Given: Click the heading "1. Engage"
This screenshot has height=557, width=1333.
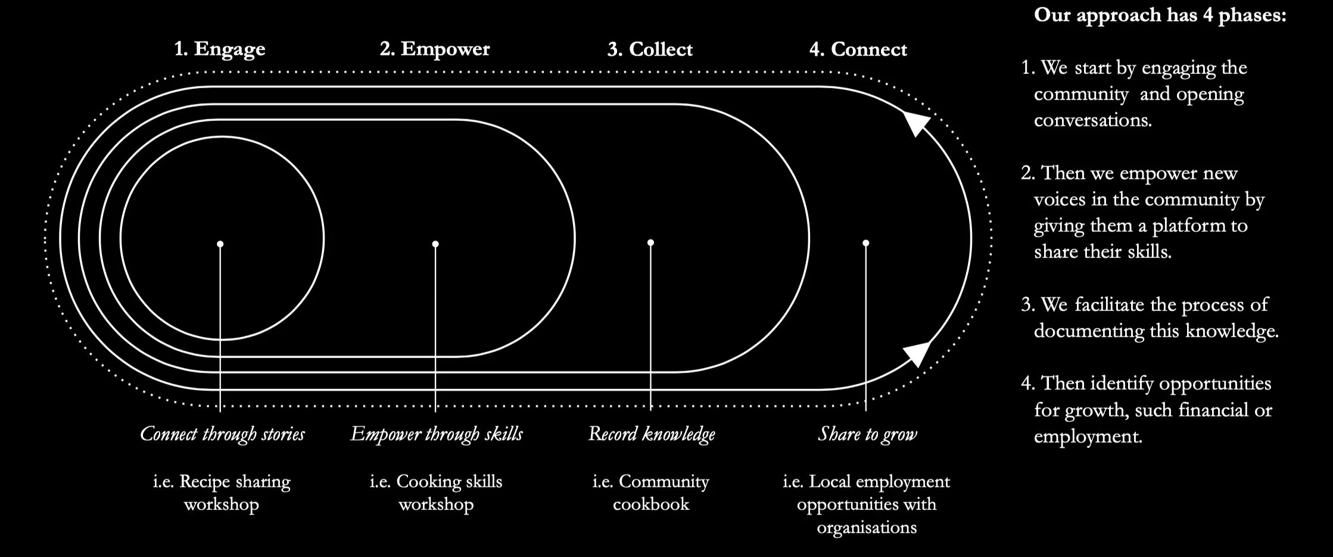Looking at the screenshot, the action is tap(219, 49).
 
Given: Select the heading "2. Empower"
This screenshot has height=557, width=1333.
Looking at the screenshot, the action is tap(435, 49).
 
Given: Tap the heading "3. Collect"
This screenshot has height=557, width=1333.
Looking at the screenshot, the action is tap(650, 49).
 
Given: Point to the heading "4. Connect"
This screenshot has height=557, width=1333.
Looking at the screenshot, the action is tap(858, 49).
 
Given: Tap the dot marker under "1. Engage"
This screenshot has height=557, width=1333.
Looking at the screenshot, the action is tap(220, 244).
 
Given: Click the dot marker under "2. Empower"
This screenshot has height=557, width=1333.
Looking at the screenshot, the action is tap(435, 244).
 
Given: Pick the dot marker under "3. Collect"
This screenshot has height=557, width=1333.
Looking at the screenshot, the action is tap(650, 242).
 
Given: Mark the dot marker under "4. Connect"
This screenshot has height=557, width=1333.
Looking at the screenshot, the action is tap(865, 242).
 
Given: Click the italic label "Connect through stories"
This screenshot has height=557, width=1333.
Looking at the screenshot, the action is tap(222, 434).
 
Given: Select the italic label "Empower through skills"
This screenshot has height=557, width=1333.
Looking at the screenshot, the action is tap(437, 434).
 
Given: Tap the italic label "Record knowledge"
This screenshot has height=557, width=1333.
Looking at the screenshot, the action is tap(652, 434).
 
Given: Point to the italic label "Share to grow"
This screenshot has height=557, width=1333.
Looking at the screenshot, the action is tap(867, 434).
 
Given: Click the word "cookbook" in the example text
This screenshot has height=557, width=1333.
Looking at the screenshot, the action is tap(651, 504).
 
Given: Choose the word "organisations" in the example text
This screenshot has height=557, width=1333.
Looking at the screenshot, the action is tap(867, 527).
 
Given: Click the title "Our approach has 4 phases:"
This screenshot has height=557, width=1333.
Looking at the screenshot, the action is tap(1160, 15).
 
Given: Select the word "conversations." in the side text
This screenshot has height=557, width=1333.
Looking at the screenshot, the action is tap(1092, 120).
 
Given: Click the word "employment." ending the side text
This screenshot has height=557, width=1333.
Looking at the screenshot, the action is tap(1088, 436).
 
